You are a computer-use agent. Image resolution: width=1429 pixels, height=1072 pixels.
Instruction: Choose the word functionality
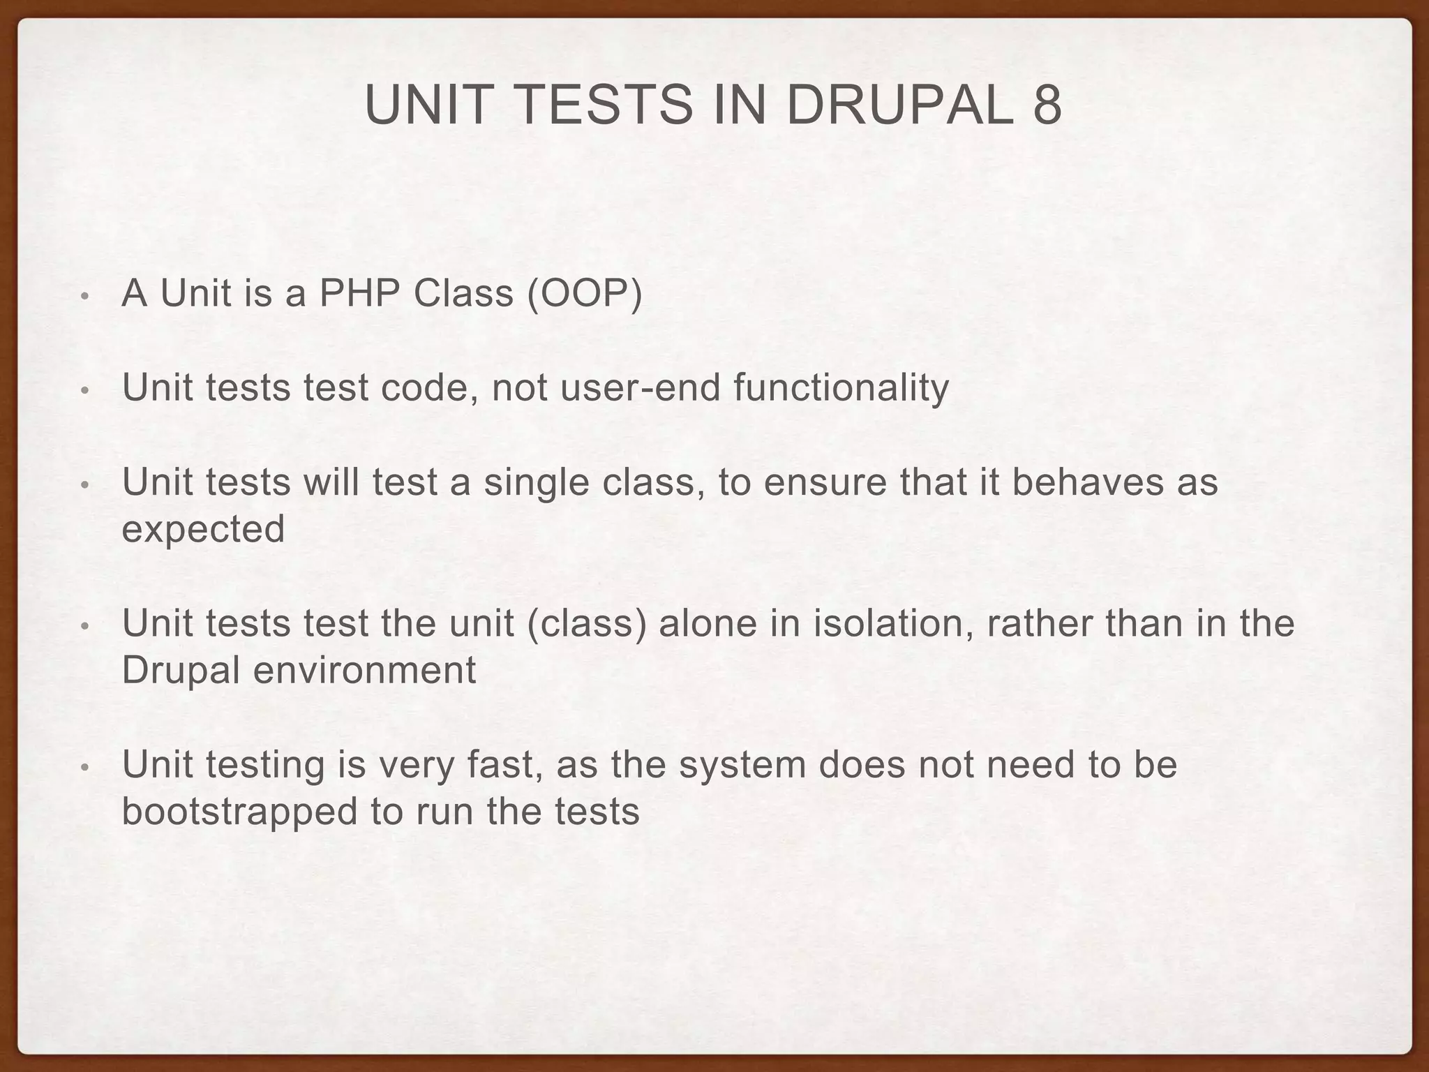[841, 389]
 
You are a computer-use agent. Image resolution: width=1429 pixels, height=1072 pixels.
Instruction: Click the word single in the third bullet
[537, 483]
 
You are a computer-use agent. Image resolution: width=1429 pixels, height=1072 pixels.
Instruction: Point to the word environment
[364, 671]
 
